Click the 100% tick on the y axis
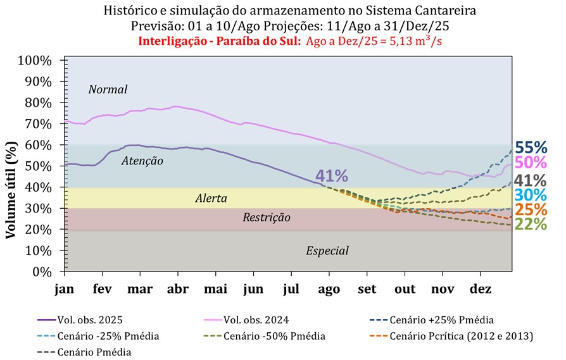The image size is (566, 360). point(38,61)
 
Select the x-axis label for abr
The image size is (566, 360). point(177,289)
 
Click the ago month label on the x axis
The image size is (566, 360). point(329,289)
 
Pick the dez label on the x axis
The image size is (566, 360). point(481,289)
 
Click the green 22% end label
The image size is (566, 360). point(531,224)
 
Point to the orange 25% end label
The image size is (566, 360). point(531,209)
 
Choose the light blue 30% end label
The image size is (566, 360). point(531,195)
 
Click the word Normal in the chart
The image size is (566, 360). point(108,89)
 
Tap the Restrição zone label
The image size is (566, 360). point(267,218)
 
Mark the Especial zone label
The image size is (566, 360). point(327,251)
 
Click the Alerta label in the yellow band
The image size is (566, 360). point(211,199)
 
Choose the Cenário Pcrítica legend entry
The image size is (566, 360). point(462,335)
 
